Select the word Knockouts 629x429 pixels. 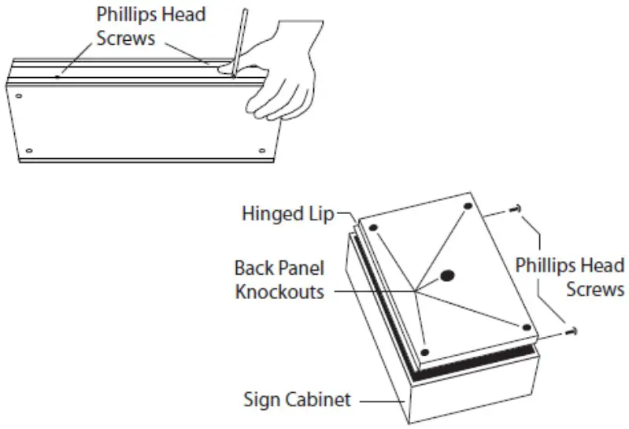[279, 291]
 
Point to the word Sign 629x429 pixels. [259, 401]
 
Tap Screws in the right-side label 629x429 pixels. [594, 290]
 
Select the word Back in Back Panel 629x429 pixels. [253, 268]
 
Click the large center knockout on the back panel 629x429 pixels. [448, 276]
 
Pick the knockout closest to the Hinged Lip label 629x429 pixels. [375, 228]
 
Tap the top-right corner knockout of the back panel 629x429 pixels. [468, 206]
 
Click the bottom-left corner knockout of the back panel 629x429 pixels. [424, 352]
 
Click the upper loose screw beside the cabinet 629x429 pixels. [515, 208]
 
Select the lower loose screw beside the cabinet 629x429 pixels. [572, 331]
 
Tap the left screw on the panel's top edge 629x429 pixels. [59, 77]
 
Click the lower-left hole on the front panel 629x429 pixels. [30, 150]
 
